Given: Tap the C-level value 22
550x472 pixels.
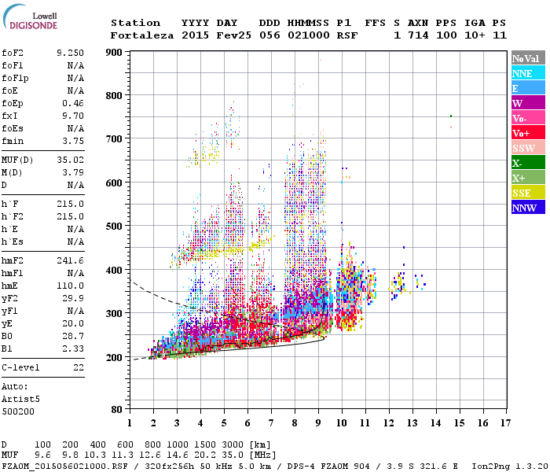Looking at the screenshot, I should click(x=78, y=367).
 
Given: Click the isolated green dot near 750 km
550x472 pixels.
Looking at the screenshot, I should click(x=450, y=116).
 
